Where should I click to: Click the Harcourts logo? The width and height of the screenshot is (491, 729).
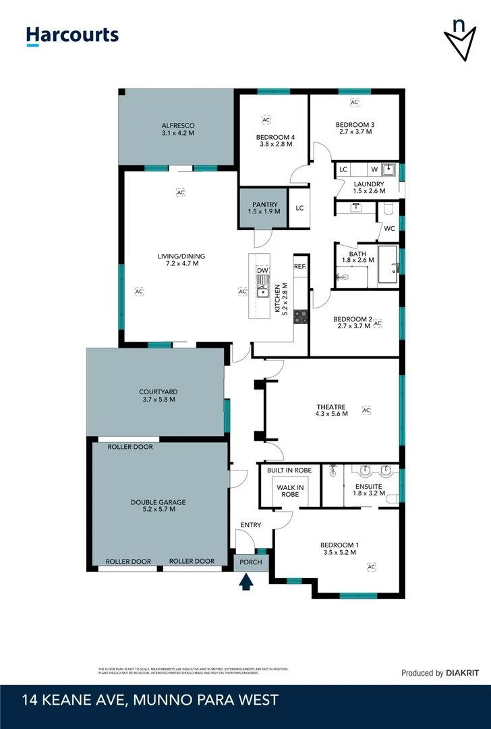72,36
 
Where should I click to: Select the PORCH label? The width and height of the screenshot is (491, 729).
252,561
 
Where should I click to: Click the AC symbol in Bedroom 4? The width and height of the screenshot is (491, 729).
266,119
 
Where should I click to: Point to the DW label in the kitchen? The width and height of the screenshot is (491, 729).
262,271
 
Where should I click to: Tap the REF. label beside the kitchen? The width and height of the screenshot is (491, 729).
300,267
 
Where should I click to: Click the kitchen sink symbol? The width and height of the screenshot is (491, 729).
262,292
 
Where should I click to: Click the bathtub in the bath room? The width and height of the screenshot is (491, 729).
387,265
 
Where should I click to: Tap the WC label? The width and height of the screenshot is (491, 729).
389,228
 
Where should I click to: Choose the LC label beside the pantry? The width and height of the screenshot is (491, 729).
299,208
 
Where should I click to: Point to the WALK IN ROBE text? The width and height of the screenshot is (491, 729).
290,491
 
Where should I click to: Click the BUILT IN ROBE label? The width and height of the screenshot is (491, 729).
289,470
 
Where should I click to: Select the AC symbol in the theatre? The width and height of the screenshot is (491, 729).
366,410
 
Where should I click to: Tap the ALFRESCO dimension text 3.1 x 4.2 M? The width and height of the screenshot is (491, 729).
178,134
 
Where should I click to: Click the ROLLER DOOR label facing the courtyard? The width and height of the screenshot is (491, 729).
130,447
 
